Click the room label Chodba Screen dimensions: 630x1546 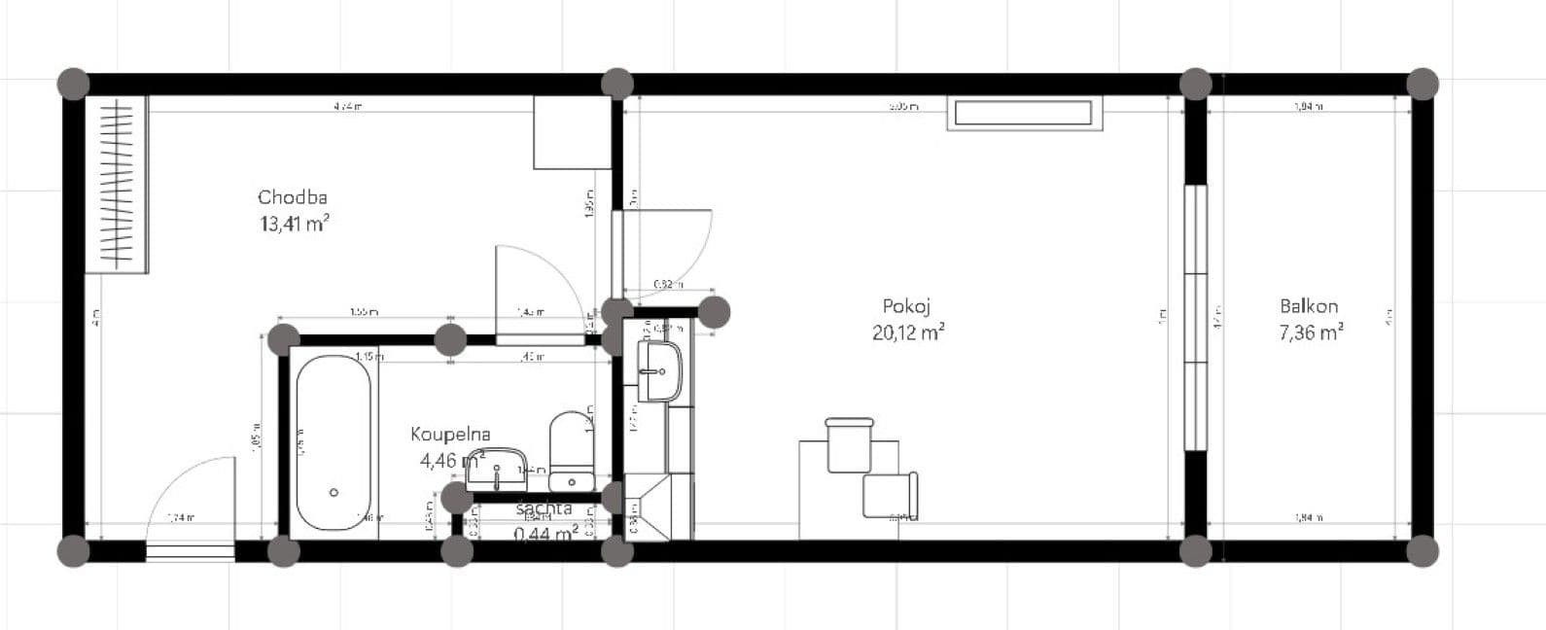(293, 197)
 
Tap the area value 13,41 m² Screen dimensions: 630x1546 (293, 225)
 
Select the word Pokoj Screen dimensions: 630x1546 (907, 307)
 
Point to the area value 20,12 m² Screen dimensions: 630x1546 (908, 333)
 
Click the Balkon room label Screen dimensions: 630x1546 (1309, 307)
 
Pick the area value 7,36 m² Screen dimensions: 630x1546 (1312, 333)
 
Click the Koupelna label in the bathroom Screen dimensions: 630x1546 (450, 435)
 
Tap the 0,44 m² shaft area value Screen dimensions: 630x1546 (545, 532)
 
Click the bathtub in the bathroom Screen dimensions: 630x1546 (332, 443)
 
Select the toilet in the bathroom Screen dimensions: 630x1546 (571, 451)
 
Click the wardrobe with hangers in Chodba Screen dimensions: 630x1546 (116, 184)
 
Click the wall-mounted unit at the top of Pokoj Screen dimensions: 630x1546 (1025, 113)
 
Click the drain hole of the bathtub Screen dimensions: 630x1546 (334, 493)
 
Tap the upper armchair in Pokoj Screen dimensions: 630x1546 (849, 443)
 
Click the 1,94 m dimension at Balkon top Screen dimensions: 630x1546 (1310, 108)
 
